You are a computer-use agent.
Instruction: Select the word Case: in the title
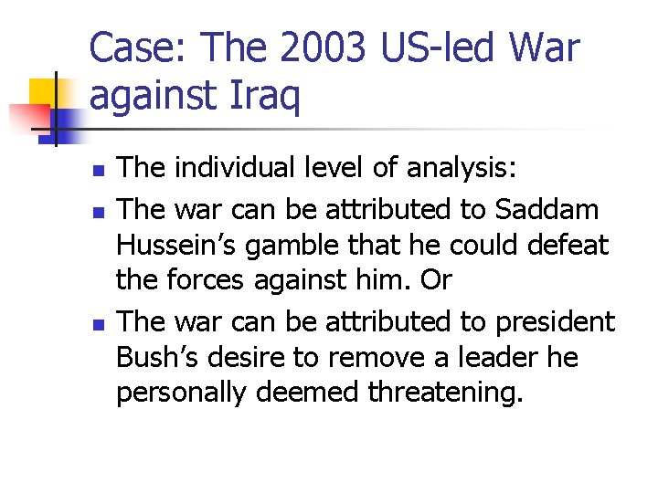click(x=138, y=48)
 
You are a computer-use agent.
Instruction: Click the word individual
click(x=228, y=168)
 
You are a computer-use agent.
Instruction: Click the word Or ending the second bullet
click(x=436, y=281)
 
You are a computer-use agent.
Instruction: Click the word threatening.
click(x=445, y=393)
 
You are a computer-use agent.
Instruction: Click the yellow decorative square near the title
click(x=46, y=95)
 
